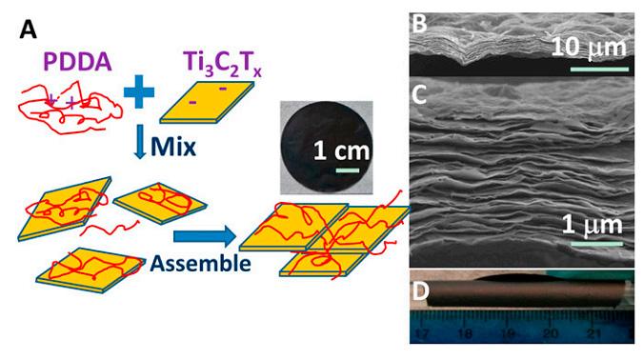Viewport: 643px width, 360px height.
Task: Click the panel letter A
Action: (28, 30)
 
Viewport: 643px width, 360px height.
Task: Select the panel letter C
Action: (420, 96)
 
